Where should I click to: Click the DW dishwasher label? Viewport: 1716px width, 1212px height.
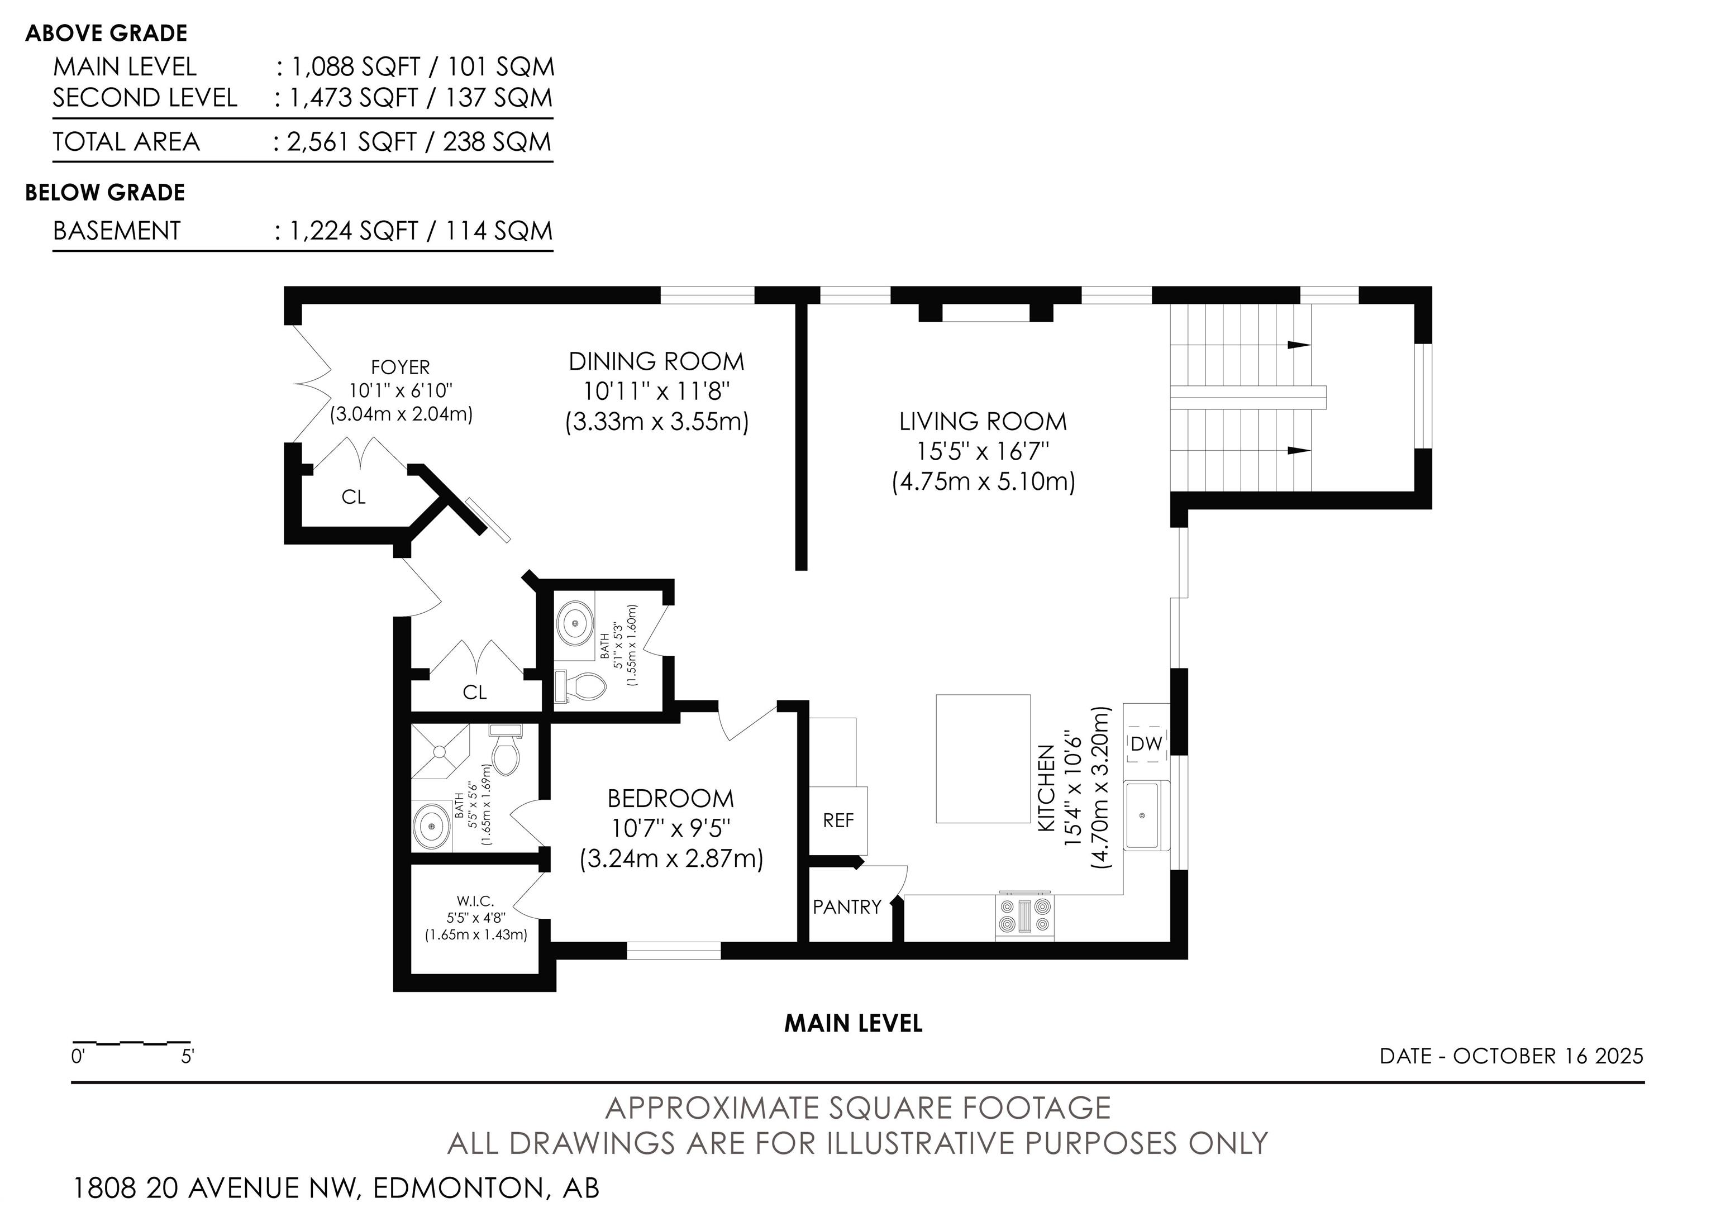pos(1146,743)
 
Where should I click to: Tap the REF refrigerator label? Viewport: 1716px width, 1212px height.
pos(838,820)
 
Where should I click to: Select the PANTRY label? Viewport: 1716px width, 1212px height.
pos(847,907)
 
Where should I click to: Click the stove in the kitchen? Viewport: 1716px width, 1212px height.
pos(1024,916)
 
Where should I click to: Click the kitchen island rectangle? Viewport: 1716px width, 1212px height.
pos(983,758)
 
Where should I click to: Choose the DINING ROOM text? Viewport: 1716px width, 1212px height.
pos(656,362)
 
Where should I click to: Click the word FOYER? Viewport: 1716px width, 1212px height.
pos(401,368)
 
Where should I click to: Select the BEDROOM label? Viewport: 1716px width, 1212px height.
pos(670,799)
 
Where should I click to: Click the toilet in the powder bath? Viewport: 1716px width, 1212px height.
pos(580,686)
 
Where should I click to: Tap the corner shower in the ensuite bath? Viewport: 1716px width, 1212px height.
pos(441,751)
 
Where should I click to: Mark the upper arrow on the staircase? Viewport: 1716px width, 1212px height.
pos(1299,345)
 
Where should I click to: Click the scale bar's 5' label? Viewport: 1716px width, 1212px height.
pos(187,1057)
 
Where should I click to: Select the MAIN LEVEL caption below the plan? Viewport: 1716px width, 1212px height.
pos(853,1024)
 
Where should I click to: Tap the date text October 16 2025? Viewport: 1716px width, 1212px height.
pos(1548,1056)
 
